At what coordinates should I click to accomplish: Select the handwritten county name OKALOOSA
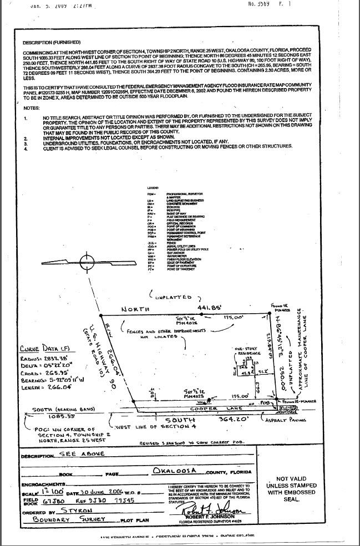coord(177,471)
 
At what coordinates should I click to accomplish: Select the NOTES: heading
coord(32,108)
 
